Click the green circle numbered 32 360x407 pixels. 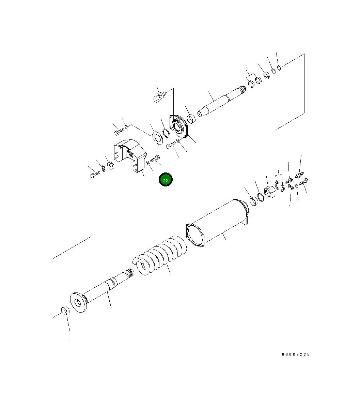pos(166,179)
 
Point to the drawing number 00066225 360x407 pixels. pos(296,354)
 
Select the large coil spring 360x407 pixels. pos(160,255)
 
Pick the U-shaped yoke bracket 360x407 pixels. pos(130,155)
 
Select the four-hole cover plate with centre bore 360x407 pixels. pos(178,126)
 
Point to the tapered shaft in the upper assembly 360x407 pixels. pos(221,102)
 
